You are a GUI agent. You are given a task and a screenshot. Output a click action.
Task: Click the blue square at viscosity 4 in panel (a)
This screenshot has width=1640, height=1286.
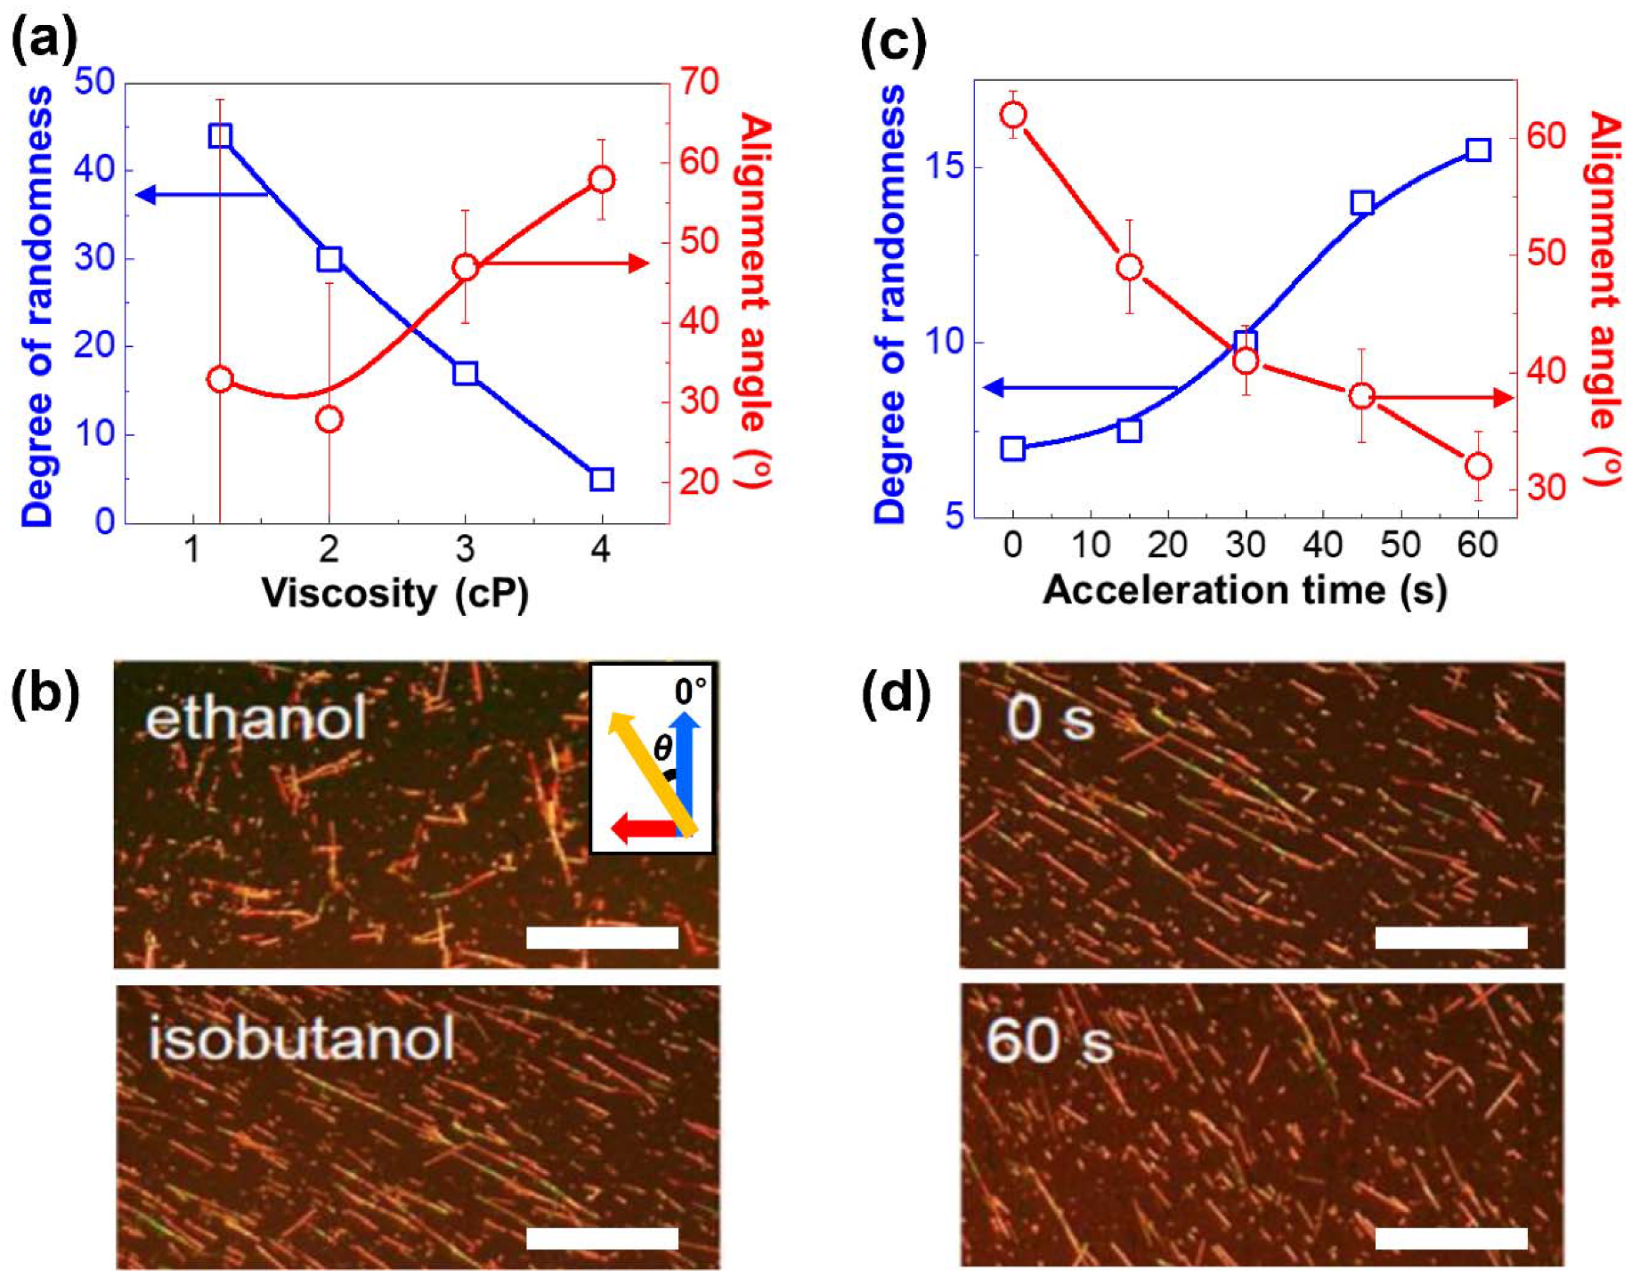click(x=602, y=479)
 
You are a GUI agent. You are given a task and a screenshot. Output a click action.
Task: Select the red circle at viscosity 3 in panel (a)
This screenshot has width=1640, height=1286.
click(x=465, y=267)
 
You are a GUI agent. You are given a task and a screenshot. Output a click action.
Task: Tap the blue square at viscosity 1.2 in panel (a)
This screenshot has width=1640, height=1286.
click(x=220, y=136)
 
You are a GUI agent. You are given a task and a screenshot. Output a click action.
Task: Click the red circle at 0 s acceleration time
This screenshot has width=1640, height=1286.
click(x=1013, y=115)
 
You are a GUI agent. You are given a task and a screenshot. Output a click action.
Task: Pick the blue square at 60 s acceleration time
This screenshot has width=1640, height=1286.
click(x=1478, y=150)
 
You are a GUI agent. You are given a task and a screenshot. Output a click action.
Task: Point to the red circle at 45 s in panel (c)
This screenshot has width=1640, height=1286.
click(x=1361, y=396)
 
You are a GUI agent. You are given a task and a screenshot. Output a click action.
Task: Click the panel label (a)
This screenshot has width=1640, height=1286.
click(x=44, y=40)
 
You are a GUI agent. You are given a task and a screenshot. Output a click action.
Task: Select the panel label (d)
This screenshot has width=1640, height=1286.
click(x=895, y=693)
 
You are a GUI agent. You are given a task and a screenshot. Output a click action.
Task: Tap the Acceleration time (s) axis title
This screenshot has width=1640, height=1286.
click(x=1244, y=590)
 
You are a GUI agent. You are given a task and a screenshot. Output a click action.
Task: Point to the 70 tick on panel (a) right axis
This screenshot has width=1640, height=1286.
click(x=699, y=82)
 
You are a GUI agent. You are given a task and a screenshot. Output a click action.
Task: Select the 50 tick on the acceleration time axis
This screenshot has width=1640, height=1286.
click(x=1400, y=544)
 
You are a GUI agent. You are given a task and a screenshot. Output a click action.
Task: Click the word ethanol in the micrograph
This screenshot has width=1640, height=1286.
click(x=256, y=718)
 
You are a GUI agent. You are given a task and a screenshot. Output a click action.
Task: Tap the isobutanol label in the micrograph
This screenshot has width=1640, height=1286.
click(x=302, y=1039)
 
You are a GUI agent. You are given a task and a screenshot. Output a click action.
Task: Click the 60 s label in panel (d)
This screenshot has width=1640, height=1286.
click(x=1050, y=1040)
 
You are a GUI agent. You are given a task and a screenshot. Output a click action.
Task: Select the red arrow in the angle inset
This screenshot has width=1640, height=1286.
click(x=644, y=829)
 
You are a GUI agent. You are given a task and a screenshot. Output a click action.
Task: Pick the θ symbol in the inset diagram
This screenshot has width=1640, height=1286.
click(x=662, y=748)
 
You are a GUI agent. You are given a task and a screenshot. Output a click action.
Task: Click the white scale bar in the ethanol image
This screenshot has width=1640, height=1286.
click(x=602, y=937)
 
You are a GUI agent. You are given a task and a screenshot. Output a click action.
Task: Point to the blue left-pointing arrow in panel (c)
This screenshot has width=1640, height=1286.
click(x=1079, y=388)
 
